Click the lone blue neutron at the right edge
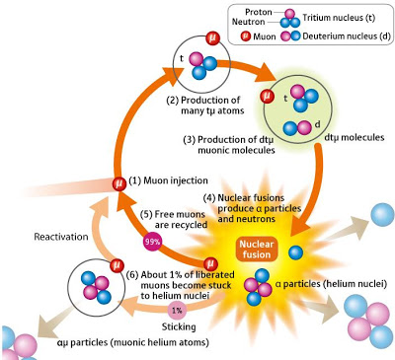[379, 214]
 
